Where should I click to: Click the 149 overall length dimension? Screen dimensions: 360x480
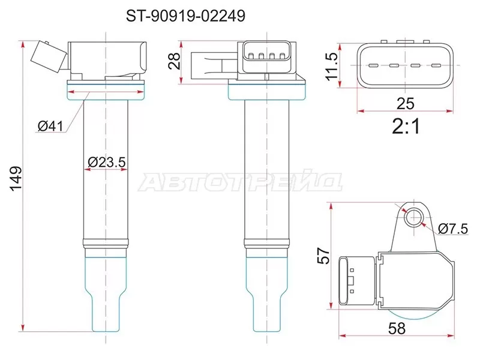[x=16, y=178]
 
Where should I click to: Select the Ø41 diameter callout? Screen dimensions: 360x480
[x=50, y=126]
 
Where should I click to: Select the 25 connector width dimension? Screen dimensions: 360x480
[x=406, y=103]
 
